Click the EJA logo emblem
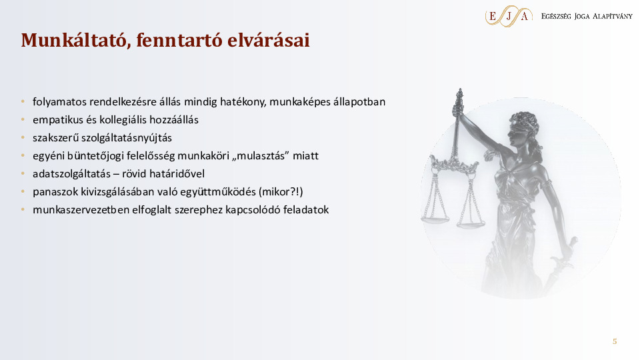[x=509, y=15]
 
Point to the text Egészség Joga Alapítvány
[x=587, y=15]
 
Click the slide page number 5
[x=615, y=342]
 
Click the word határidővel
[x=169, y=174]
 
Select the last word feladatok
[x=304, y=210]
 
